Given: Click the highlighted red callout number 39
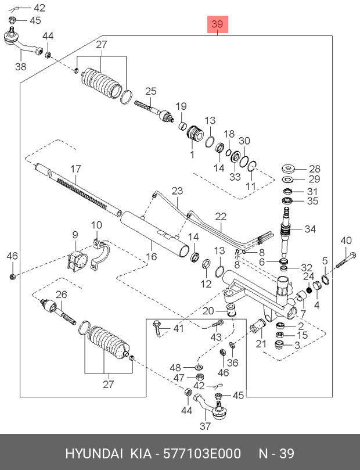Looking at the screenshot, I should coord(217,25).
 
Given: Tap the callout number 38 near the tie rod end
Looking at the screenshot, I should coord(21,67).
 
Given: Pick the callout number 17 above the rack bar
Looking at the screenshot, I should coord(75,169).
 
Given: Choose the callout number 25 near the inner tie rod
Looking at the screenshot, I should coord(151,91).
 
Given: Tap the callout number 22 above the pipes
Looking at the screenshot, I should coord(221,216).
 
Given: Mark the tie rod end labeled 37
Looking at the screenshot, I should coord(217,408).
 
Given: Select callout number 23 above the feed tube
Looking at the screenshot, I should coord(177,191).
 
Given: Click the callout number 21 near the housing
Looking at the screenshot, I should coord(261,344).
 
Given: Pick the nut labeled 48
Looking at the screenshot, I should coord(199,368).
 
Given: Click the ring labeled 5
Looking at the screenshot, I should coord(326,281).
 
